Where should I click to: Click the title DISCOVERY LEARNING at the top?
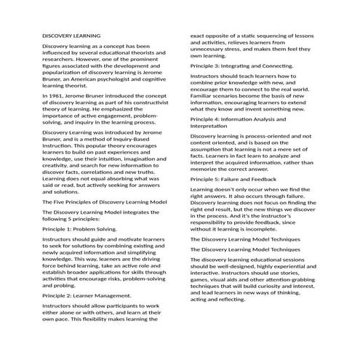pos(71,35)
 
